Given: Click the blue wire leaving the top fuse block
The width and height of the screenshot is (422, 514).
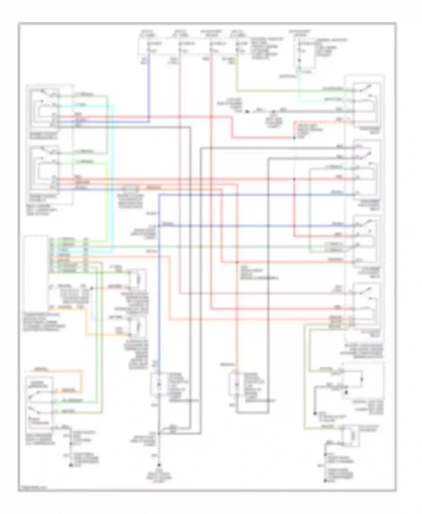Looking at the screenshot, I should click(149, 84).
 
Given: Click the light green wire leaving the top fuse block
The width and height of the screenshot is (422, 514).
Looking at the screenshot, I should click(237, 73).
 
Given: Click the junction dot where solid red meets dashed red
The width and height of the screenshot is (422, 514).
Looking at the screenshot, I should click(294, 138).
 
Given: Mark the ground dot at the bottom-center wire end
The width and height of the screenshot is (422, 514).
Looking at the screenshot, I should click(159, 465).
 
